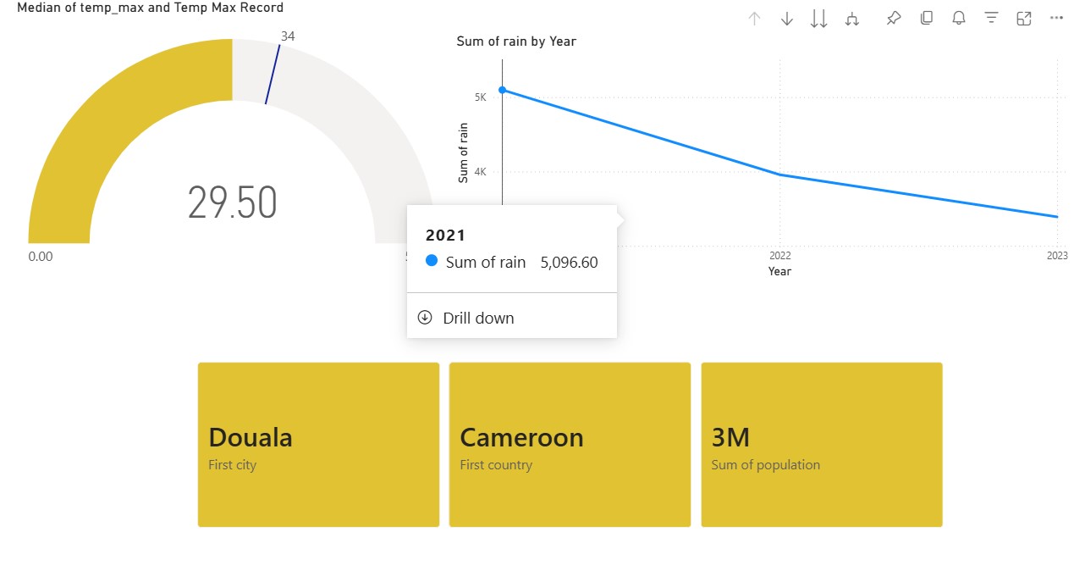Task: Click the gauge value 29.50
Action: tap(232, 202)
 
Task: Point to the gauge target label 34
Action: tap(288, 36)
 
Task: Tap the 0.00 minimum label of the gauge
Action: tap(41, 256)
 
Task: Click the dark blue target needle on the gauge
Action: tap(273, 75)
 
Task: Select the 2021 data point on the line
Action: tap(502, 90)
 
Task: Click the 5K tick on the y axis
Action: tap(480, 97)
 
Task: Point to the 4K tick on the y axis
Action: tap(480, 172)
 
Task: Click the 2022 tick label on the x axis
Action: tap(779, 256)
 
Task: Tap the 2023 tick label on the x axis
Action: tap(1057, 256)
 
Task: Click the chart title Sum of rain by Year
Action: tap(516, 42)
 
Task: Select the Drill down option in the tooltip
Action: tap(478, 319)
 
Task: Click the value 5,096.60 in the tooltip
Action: tap(569, 263)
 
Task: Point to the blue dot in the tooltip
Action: tap(432, 261)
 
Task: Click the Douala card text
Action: tap(251, 437)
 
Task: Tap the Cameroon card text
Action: tap(521, 437)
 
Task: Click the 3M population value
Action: tap(730, 437)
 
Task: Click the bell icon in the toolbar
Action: tap(959, 19)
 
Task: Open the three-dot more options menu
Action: tap(1056, 18)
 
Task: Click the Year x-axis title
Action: tap(779, 271)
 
